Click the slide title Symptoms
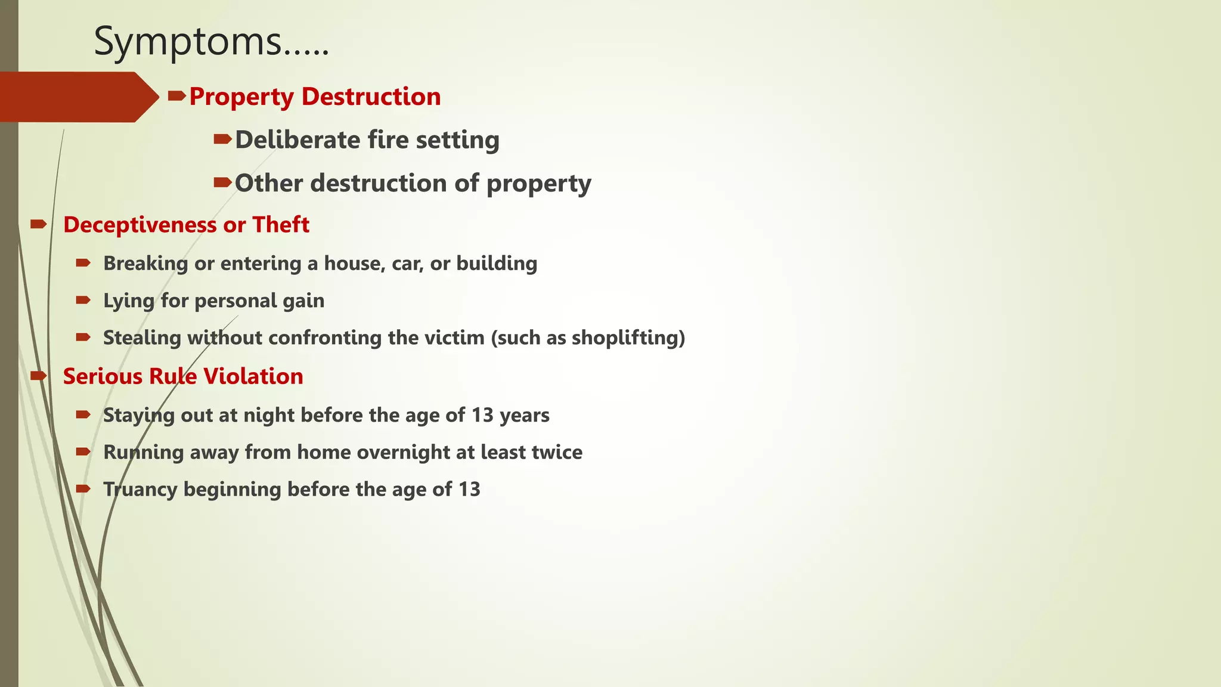211,42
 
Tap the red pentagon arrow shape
78,97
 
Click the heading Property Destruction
315,97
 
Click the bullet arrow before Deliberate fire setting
222,140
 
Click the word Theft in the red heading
281,225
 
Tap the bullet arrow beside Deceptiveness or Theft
38,224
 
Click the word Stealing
142,338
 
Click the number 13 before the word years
482,415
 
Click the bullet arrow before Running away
83,452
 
